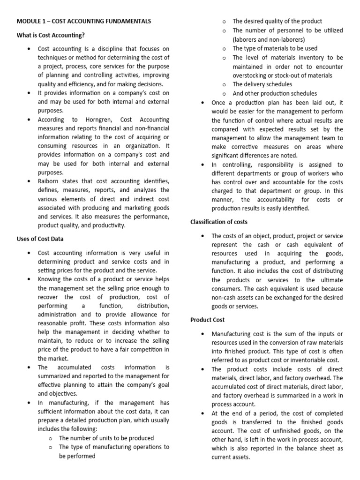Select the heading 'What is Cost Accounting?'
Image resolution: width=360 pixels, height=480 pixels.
click(x=51, y=35)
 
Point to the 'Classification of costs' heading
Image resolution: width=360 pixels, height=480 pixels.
click(x=219, y=222)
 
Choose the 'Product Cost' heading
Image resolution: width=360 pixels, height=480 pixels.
click(x=208, y=320)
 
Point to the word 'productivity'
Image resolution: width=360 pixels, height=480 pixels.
click(x=109, y=225)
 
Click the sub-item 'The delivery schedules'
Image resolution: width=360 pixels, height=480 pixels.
click(x=262, y=84)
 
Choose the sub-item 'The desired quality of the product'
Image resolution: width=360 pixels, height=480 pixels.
click(x=277, y=21)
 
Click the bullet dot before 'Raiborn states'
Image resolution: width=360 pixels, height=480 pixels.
click(x=30, y=181)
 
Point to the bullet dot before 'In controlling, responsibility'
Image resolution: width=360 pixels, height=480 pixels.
click(x=202, y=165)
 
